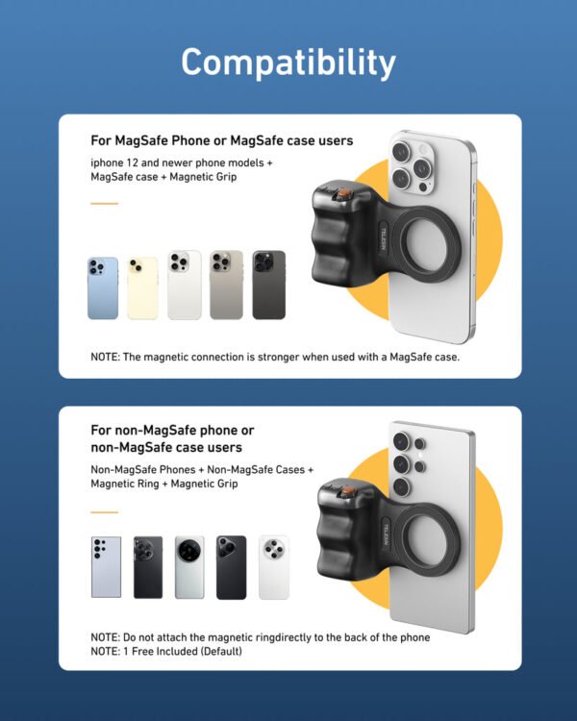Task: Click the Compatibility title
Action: [288, 62]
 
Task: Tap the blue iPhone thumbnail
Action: [103, 287]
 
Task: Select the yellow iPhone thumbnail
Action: [142, 287]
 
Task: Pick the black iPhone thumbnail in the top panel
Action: [268, 285]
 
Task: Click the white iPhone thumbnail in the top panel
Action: [185, 285]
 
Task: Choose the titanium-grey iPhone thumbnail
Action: [227, 285]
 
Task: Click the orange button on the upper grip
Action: [340, 198]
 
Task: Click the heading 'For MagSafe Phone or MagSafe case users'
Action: [221, 140]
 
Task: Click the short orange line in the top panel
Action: [104, 204]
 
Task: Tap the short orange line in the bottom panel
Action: [104, 511]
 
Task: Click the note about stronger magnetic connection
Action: [276, 357]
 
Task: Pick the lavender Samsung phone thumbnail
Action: [106, 567]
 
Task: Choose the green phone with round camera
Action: [189, 567]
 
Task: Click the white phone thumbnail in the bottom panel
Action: [273, 567]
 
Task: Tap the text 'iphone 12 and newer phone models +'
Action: [182, 162]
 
